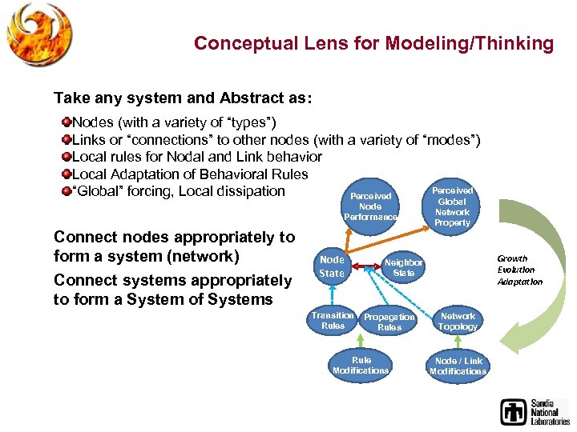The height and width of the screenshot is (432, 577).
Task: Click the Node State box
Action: coord(332,266)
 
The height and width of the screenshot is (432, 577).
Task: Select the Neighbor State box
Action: coord(403,267)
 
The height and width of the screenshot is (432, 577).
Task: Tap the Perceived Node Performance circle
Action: coord(369,206)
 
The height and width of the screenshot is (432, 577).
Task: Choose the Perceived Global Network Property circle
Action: coord(452,206)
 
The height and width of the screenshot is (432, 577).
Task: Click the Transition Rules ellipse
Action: coord(333,321)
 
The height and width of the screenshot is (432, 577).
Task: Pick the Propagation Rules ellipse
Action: coord(389,322)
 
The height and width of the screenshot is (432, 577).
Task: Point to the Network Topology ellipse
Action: coord(458,321)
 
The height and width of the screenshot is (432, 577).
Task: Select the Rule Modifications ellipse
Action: coord(361,365)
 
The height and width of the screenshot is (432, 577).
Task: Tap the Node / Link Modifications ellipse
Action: coord(458,366)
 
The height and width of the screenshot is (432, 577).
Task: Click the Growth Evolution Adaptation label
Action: coord(519,270)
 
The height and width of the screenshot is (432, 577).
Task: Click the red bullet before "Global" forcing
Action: coord(66,191)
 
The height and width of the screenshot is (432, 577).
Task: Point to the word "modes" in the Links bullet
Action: coord(446,140)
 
